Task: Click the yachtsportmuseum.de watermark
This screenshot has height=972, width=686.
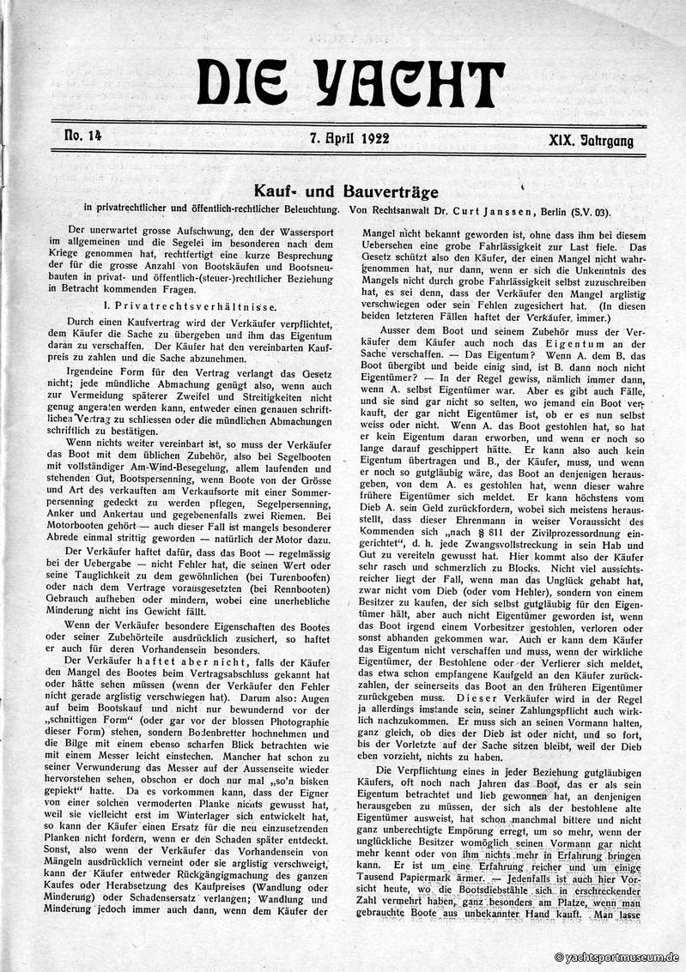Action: click(616, 957)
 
